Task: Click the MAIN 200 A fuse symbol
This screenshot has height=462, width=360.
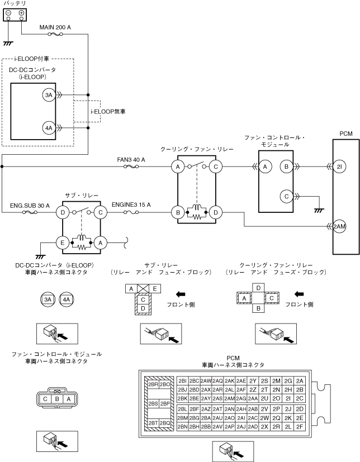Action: tap(55, 35)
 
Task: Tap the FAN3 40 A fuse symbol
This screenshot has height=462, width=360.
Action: tap(131, 167)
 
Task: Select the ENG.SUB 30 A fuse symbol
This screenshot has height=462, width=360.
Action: tap(30, 212)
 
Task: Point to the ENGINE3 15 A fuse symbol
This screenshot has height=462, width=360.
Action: tap(131, 212)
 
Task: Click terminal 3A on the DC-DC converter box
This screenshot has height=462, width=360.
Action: tap(49, 95)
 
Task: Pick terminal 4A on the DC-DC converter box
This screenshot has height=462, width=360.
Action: tap(49, 128)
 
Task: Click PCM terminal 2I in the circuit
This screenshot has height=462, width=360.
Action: tap(339, 167)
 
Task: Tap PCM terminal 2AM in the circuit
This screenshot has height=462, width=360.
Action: tap(339, 226)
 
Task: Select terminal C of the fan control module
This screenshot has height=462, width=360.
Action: tap(286, 196)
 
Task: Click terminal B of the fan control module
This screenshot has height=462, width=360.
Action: tap(286, 167)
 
